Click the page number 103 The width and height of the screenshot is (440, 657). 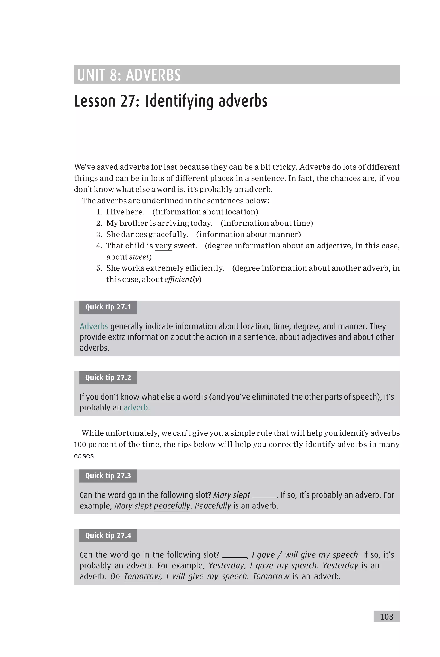click(x=387, y=617)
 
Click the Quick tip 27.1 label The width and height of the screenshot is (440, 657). click(x=108, y=307)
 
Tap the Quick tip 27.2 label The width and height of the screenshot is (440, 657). click(x=108, y=377)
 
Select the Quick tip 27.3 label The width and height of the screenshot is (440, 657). click(x=108, y=476)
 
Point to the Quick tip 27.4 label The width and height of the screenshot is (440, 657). click(x=108, y=536)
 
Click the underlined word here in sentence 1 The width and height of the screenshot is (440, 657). click(x=134, y=212)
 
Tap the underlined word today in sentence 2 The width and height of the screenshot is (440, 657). click(x=200, y=223)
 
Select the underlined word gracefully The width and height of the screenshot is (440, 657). click(x=167, y=234)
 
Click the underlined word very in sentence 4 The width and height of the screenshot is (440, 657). click(x=163, y=246)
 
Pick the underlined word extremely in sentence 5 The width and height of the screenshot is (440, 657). click(x=165, y=268)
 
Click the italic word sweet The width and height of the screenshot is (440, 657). click(x=139, y=257)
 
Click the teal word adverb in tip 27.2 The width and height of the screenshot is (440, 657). click(x=136, y=407)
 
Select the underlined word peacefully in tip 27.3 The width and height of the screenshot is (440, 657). click(x=172, y=505)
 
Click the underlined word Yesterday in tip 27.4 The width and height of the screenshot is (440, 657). click(x=226, y=565)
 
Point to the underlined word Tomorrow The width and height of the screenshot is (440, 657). click(x=142, y=576)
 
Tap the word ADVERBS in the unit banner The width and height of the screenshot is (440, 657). click(x=153, y=75)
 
